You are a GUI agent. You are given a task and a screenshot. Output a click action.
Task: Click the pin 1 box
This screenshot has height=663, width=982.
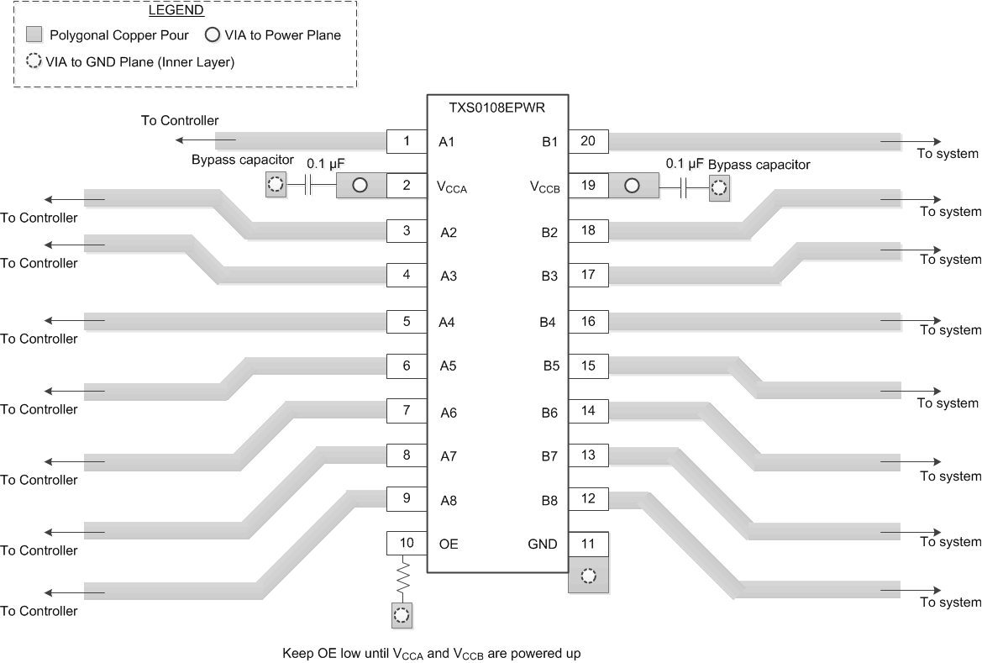pos(407,141)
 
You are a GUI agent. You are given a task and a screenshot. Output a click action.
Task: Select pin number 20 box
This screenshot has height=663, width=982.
pos(588,141)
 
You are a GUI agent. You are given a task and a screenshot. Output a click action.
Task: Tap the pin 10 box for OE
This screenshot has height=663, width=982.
pos(407,543)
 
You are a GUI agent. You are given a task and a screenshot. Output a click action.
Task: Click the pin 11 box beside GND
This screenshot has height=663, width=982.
pos(588,543)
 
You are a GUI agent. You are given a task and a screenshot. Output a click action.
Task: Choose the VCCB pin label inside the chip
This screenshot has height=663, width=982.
pos(544,187)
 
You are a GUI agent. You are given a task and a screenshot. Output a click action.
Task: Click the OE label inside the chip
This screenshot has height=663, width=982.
pos(449,544)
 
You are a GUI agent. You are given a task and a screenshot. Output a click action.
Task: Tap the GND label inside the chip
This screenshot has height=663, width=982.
pos(543,544)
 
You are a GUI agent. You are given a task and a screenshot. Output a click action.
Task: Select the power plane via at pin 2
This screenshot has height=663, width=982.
pos(360,186)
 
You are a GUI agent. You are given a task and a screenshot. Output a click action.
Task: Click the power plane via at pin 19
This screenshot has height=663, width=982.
pos(632,186)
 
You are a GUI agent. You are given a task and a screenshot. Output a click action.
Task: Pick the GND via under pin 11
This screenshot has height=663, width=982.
pos(588,576)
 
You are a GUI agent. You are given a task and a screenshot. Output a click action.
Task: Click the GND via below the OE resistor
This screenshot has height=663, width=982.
pos(402,615)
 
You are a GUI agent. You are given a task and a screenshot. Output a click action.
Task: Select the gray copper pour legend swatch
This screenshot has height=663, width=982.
pos(34,35)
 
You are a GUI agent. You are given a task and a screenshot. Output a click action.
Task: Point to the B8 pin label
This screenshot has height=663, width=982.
pos(549,501)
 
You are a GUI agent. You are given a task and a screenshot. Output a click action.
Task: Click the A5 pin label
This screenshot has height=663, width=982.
pos(448,366)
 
